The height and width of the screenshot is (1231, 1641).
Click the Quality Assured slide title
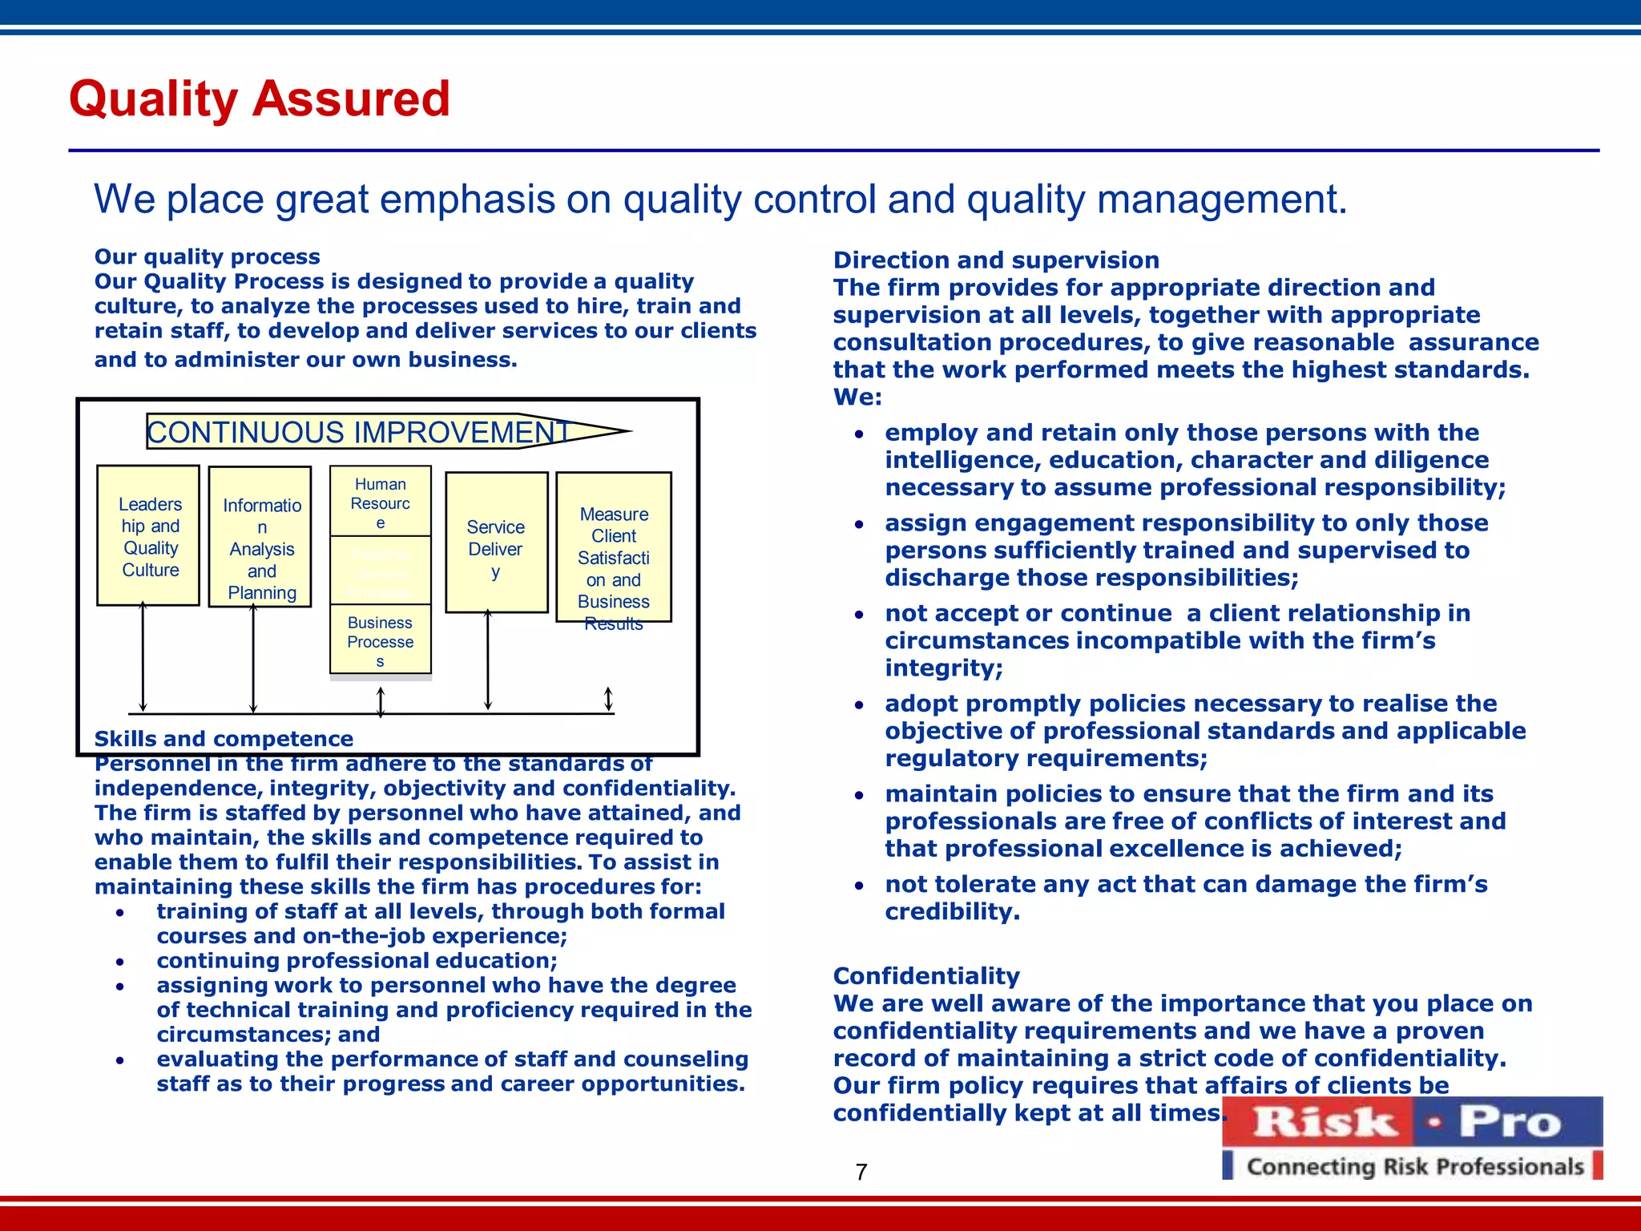tap(260, 99)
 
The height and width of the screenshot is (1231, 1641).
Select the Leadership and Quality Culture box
tap(148, 535)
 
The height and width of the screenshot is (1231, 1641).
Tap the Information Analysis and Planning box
tap(260, 537)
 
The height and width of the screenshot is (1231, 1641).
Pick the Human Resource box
tap(381, 502)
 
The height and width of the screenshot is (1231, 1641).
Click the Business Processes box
tap(381, 640)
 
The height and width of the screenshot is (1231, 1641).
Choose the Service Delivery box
tap(496, 543)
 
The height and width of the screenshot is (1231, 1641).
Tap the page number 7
tap(861, 1172)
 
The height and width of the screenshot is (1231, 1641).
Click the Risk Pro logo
tap(1412, 1122)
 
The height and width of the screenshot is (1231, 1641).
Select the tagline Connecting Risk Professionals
tap(1415, 1167)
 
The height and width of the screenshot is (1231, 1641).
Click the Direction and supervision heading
tap(996, 260)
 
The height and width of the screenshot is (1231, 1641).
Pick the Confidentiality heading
tap(926, 976)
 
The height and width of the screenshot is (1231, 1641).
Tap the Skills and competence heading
tap(224, 739)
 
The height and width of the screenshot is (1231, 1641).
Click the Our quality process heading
tap(207, 256)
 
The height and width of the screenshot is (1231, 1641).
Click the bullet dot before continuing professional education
tap(119, 962)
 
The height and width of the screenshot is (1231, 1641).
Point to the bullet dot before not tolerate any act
tap(859, 886)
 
